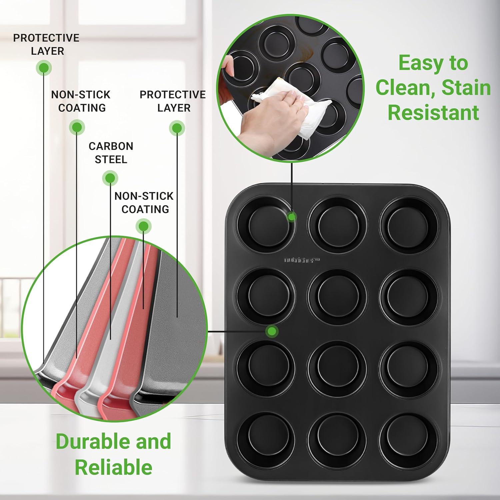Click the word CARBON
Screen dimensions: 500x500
pyautogui.click(x=111, y=146)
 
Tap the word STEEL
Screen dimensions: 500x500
pyautogui.click(x=111, y=159)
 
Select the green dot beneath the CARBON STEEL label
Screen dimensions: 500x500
pyautogui.click(x=110, y=178)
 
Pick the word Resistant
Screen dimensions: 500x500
pyautogui.click(x=433, y=112)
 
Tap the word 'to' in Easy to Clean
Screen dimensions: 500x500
pyautogui.click(x=457, y=64)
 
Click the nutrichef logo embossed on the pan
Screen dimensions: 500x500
pyautogui.click(x=302, y=259)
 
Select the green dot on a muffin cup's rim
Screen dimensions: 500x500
pyautogui.click(x=292, y=217)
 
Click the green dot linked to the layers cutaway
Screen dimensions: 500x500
pyautogui.click(x=272, y=331)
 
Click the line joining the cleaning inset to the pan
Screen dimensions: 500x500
pyautogui.click(x=292, y=187)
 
